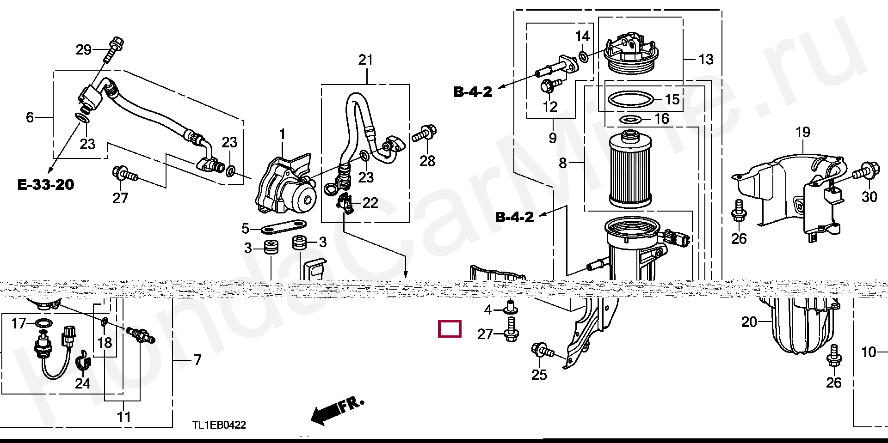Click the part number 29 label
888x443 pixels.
point(83,49)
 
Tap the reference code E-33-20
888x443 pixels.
point(46,185)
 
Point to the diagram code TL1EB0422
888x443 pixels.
point(219,425)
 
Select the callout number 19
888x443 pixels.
point(803,133)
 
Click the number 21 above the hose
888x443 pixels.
point(365,60)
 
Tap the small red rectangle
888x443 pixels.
point(450,329)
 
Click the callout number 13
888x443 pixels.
point(706,60)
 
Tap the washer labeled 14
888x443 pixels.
point(584,57)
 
